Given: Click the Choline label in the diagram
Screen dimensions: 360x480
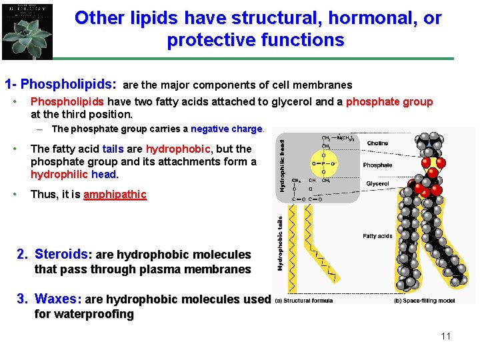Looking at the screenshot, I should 378,143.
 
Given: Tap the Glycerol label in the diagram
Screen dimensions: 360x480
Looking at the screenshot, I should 378,184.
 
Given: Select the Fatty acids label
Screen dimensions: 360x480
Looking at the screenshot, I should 377,235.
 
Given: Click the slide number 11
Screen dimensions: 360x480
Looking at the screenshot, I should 445,336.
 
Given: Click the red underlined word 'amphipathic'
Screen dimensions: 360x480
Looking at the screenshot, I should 115,195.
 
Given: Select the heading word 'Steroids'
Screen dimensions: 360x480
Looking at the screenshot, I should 61,254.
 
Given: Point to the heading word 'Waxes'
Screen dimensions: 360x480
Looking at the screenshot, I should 57,299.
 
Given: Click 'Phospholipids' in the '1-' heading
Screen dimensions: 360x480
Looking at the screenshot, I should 69,85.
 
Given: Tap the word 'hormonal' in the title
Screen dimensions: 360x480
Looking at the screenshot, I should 341,18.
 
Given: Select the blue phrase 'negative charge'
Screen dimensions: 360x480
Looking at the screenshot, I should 227,129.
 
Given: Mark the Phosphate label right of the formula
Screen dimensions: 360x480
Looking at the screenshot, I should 377,165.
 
